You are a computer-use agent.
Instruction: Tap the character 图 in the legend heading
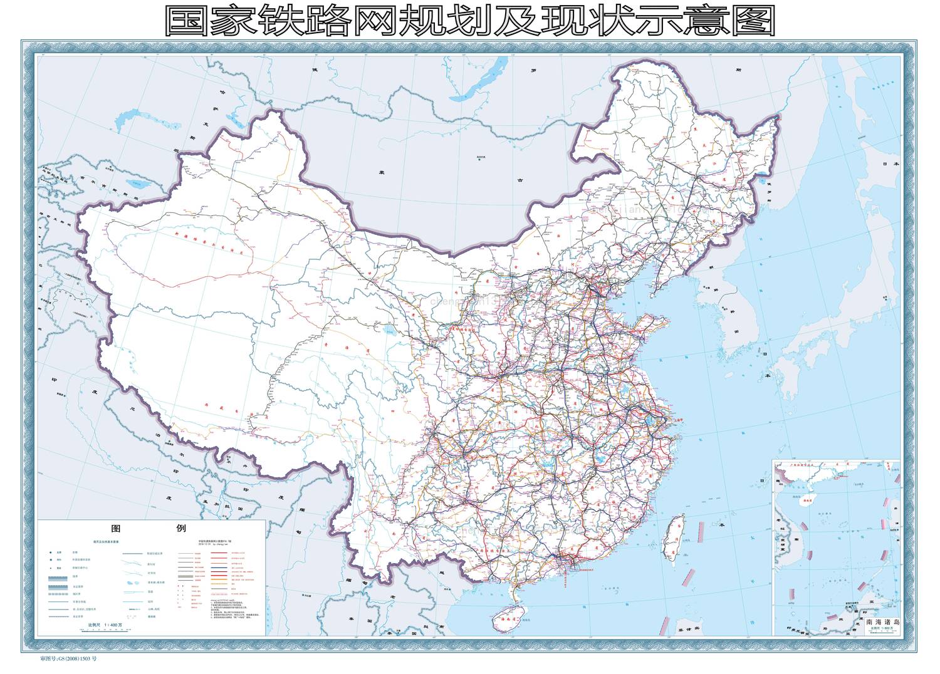tap(115, 529)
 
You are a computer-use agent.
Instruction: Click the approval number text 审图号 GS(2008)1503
tap(69, 659)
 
